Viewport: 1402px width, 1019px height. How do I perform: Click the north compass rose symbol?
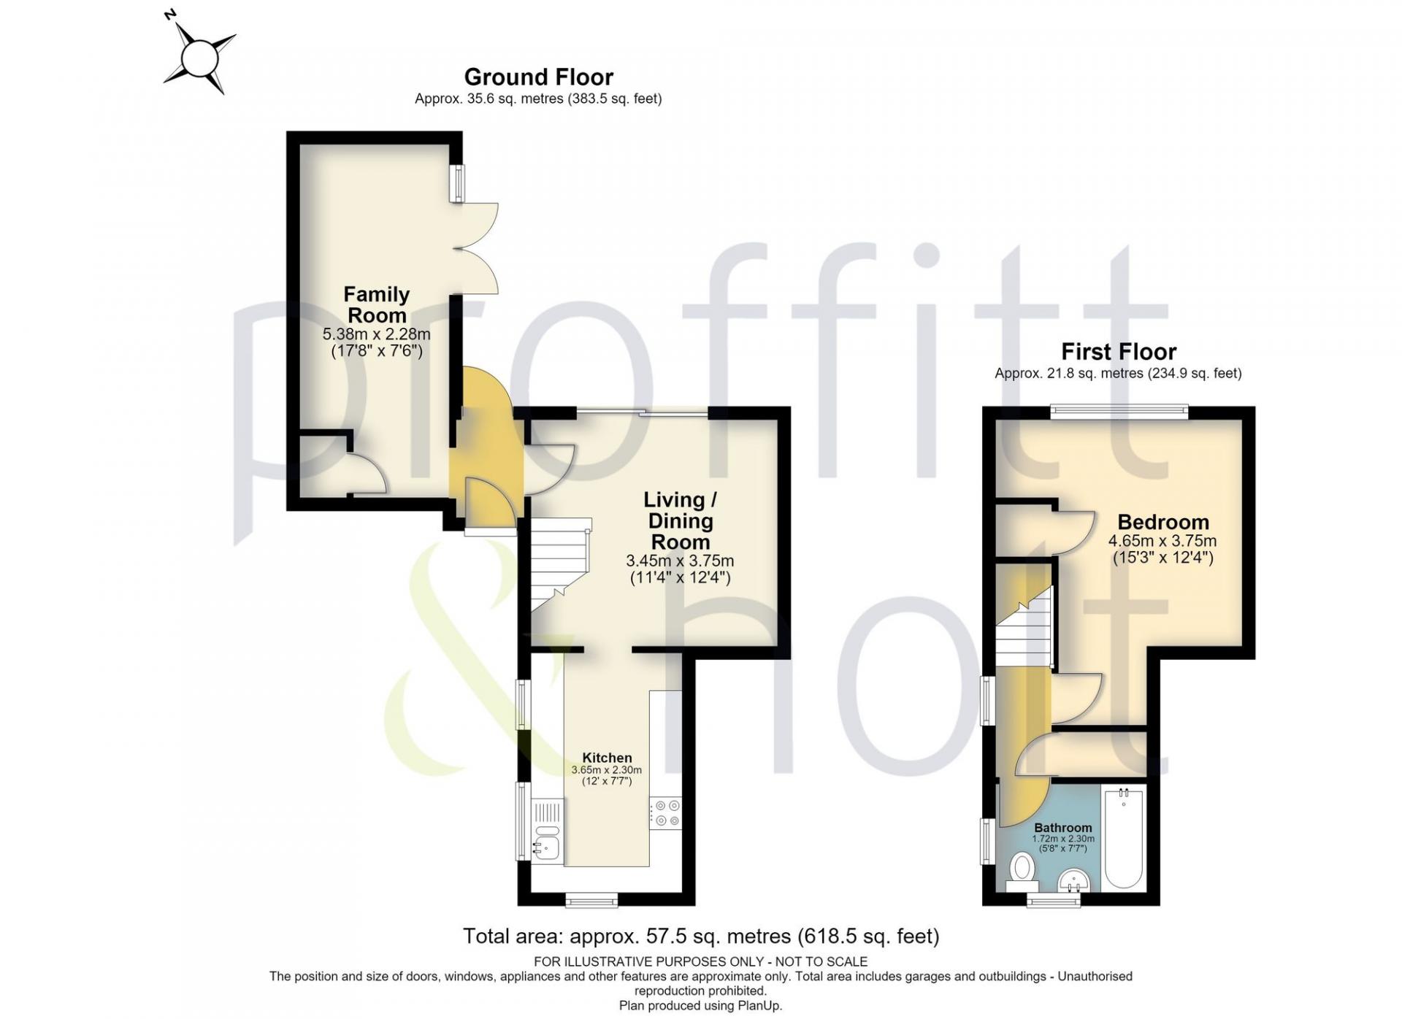[199, 57]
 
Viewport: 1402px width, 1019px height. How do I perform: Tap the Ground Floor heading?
[538, 77]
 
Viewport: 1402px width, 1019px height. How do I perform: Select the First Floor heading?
[1118, 352]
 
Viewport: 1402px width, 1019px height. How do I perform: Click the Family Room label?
[376, 304]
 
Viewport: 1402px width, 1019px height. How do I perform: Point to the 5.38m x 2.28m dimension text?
[376, 334]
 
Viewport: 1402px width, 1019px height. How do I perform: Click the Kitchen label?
[607, 758]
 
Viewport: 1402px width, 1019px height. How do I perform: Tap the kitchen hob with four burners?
[665, 812]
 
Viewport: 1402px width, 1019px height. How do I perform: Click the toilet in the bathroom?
[1022, 872]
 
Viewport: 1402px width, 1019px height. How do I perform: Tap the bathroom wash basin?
[1073, 880]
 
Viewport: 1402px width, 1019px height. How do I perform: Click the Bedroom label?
[1163, 522]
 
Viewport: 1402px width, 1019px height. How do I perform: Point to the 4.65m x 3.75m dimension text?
[1162, 541]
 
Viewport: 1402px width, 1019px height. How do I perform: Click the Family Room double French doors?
[476, 248]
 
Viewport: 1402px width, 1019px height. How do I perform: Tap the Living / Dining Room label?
[680, 520]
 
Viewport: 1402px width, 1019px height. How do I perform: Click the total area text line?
[701, 936]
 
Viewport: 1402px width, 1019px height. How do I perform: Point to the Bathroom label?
[1063, 828]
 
